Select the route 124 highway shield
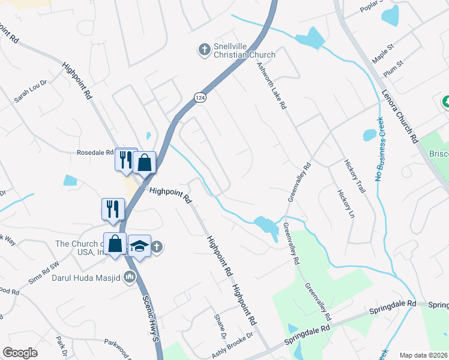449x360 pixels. point(199,96)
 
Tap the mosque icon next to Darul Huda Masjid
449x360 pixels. point(130,278)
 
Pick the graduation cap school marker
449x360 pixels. point(139,246)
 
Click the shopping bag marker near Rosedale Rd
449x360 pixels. point(145,162)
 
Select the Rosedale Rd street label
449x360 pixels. point(95,152)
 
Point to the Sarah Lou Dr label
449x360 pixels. point(31,91)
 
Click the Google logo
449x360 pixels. point(20,353)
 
